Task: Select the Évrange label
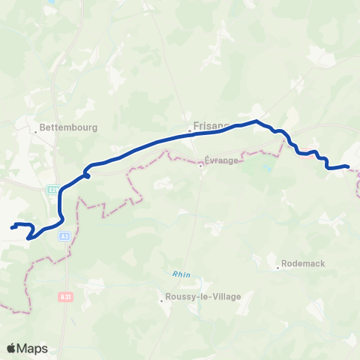222,160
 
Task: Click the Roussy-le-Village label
205,297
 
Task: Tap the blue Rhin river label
181,274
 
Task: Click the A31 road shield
66,297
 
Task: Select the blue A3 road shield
65,235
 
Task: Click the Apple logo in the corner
11,348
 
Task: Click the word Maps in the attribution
32,348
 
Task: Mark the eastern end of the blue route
349,166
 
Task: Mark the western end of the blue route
13,226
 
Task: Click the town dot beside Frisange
190,131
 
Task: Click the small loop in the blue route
87,174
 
